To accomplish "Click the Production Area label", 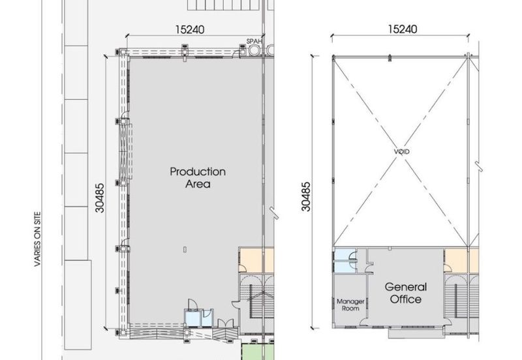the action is (x=198, y=177).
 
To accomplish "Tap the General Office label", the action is (x=405, y=293).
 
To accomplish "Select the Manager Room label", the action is (x=350, y=305).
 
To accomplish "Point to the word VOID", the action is (x=402, y=152).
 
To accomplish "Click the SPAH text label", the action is (x=254, y=41).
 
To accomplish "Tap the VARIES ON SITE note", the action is (x=37, y=239).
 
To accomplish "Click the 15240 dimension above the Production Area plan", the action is (x=190, y=29).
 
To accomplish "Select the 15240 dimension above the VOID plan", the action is (x=402, y=29).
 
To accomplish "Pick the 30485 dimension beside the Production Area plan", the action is (x=100, y=198).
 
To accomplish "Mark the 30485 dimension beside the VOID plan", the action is (x=305, y=196).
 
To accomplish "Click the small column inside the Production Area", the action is (x=185, y=249).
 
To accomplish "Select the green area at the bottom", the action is (x=258, y=352).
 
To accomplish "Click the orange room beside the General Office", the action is (x=462, y=260).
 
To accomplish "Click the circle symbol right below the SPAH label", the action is (x=254, y=50).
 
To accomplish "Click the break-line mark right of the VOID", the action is (x=478, y=166).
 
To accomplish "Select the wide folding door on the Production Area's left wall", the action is (x=125, y=151).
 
